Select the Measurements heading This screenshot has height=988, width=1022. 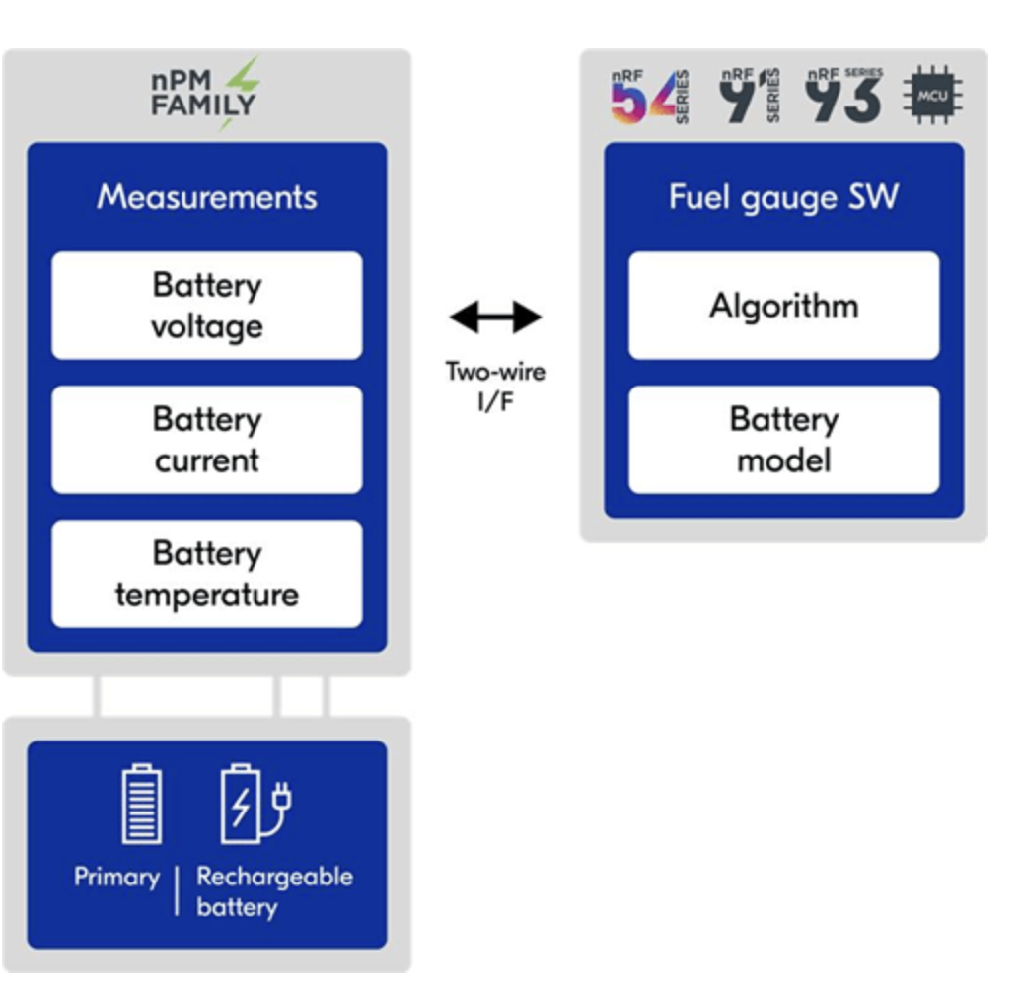207,197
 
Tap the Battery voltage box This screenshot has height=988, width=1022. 207,306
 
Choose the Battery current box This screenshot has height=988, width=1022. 207,440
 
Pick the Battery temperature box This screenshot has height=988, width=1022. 207,574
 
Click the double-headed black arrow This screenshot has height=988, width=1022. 495,318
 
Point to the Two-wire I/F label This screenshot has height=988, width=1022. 495,388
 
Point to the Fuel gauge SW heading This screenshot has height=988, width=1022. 784,197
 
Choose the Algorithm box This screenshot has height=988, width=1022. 784,306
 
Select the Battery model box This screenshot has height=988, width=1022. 784,440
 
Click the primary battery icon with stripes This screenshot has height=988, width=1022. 142,805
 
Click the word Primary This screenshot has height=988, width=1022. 116,877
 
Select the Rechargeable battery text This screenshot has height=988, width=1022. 273,890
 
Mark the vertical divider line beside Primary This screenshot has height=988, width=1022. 178,890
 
